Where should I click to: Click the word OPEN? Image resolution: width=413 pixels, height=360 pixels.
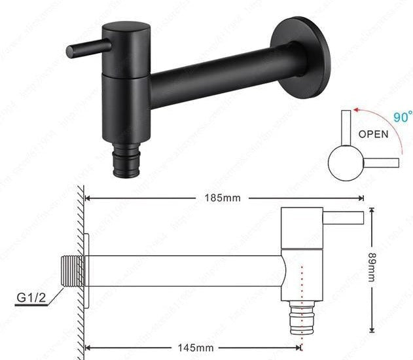point(372,134)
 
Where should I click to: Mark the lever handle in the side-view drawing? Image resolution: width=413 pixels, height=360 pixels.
point(343,217)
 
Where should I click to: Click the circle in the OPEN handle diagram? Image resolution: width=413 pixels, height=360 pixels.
point(346,162)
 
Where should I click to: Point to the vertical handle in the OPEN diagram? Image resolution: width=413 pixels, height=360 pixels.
point(345,127)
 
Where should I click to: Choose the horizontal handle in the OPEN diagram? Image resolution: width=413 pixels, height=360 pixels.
point(380,161)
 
